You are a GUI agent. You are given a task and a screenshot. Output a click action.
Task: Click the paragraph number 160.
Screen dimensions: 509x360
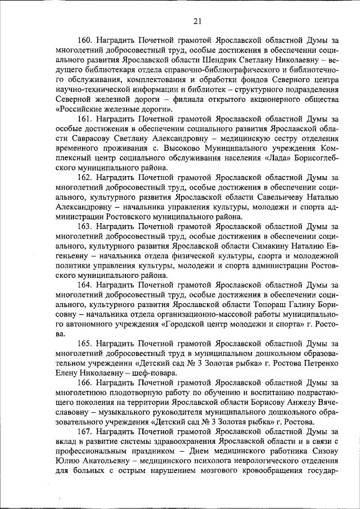click(85, 40)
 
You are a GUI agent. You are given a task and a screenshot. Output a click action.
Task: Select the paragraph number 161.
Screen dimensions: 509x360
click(85, 119)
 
